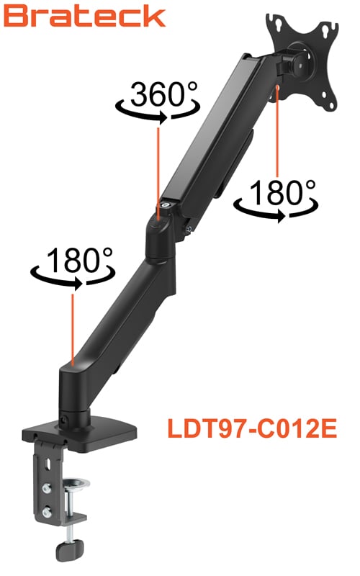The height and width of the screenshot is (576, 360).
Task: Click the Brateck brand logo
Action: pos(84,17)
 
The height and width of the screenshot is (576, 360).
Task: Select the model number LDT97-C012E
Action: pos(252,428)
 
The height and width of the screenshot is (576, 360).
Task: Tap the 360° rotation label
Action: pos(164,94)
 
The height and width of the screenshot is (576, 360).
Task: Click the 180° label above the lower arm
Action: pos(79,259)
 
